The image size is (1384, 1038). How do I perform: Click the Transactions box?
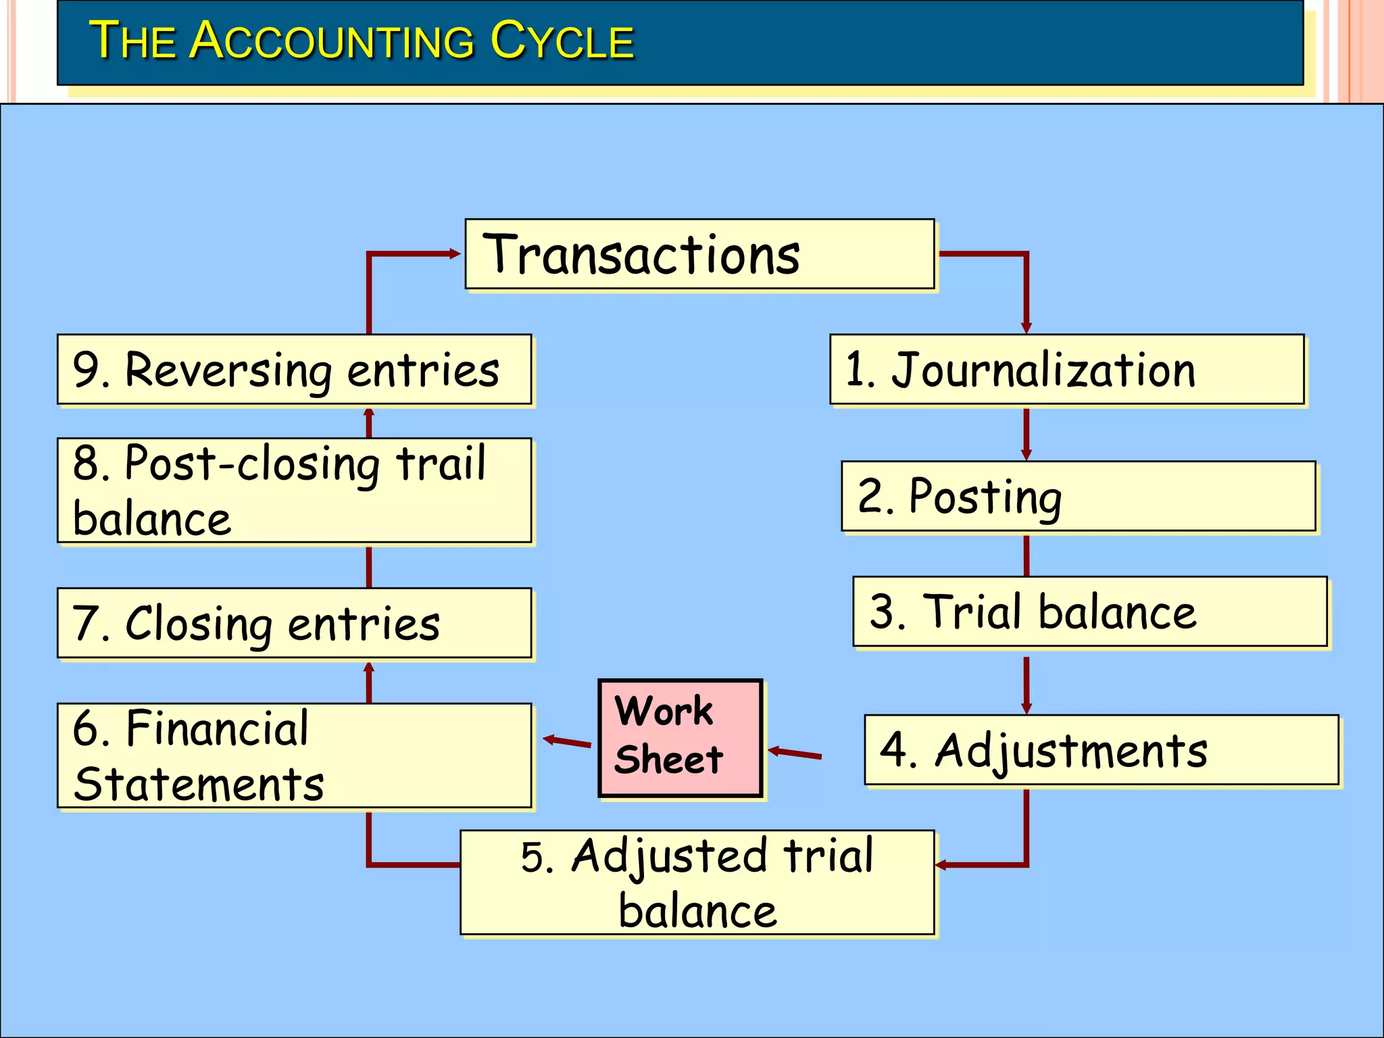pyautogui.click(x=699, y=254)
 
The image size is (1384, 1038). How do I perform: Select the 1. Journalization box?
pyautogui.click(x=1066, y=370)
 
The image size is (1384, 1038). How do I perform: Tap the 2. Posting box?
pyautogui.click(x=1078, y=496)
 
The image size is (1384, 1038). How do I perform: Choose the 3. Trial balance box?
pyautogui.click(x=1089, y=612)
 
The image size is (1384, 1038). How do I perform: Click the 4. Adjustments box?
pyautogui.click(x=1101, y=750)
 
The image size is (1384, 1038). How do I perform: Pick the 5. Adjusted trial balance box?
pyautogui.click(x=697, y=883)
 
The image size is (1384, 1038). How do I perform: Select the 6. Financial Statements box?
pyautogui.click(x=294, y=756)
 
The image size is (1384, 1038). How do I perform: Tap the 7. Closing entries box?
pyautogui.click(x=294, y=623)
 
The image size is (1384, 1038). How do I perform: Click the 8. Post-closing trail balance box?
pyautogui.click(x=294, y=491)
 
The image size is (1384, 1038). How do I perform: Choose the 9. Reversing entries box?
pyautogui.click(x=294, y=370)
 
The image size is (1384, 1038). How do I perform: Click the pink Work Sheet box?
pyautogui.click(x=681, y=738)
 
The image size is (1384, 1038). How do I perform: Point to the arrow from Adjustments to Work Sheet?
pyautogui.click(x=795, y=753)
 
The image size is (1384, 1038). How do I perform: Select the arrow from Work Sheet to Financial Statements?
pyautogui.click(x=568, y=742)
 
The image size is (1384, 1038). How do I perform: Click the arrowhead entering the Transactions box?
pyautogui.click(x=454, y=254)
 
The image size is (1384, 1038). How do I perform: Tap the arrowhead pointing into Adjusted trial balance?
pyautogui.click(x=941, y=865)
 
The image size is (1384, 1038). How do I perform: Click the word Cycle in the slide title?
pyautogui.click(x=562, y=41)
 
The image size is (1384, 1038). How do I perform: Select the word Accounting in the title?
pyautogui.click(x=332, y=41)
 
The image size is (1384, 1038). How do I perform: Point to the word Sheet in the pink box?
pyautogui.click(x=668, y=760)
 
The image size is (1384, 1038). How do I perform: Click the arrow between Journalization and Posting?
pyautogui.click(x=1026, y=433)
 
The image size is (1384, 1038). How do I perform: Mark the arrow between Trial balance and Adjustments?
pyautogui.click(x=1026, y=685)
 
